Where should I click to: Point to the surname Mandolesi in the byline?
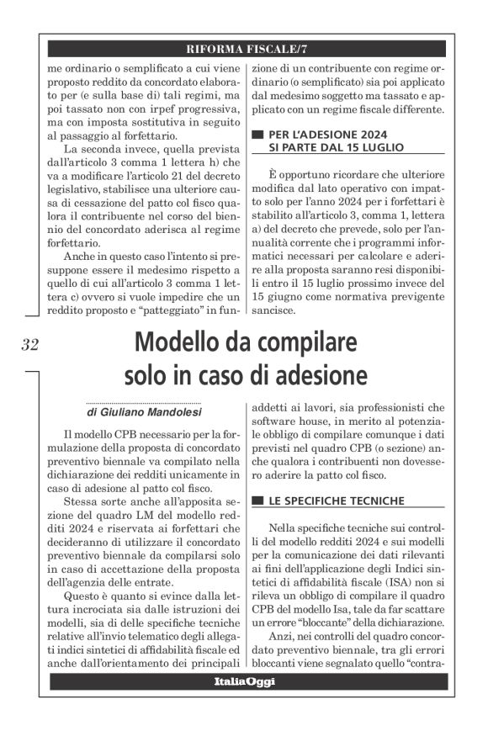(x=169, y=413)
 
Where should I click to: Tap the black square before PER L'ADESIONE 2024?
(x=257, y=133)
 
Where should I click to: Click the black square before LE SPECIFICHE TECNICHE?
(x=257, y=501)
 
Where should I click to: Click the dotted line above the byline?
(x=143, y=403)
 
